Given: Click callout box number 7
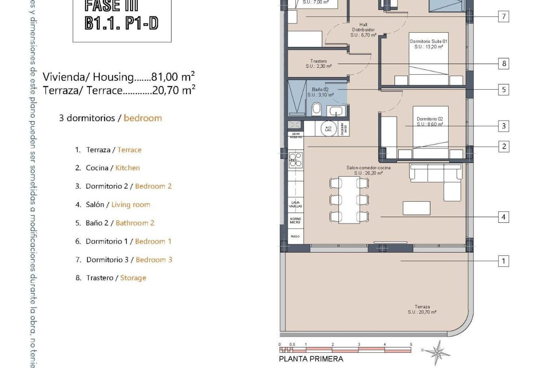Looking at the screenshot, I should pos(504,16).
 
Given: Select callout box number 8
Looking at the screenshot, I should pos(504,64).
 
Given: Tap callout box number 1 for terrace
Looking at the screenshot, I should pos(503,261).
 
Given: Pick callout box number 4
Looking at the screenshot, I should pos(503,217).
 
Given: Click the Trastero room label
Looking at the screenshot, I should pos(319,64).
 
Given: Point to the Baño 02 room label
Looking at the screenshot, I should pos(320,92).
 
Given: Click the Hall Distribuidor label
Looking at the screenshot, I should pos(363,30).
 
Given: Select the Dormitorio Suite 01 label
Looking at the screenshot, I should pos(428,44).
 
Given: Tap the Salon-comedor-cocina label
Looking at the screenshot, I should pos(368,170).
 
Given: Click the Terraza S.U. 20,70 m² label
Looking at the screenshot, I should pos(422,309).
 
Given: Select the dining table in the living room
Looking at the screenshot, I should pos(349,200).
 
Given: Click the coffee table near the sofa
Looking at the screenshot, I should pos(416,208).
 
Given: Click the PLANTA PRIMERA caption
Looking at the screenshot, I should pos(311,359).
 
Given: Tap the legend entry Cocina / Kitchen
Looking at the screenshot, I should pos(108,168).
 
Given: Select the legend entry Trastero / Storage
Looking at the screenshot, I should pos(111,278).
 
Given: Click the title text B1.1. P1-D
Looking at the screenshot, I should pos(122,23).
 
